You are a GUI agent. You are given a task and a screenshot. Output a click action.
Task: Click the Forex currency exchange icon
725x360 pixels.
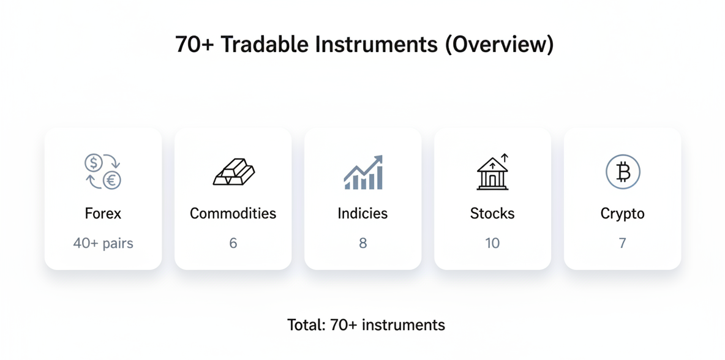[103, 171]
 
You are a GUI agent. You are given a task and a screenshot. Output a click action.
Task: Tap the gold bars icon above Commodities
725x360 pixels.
[233, 172]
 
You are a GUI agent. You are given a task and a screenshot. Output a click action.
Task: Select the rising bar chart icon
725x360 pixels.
[362, 172]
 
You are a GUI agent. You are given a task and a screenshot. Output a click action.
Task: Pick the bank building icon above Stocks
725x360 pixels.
[492, 172]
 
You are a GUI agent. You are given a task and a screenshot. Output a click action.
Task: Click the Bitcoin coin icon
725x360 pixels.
[622, 172]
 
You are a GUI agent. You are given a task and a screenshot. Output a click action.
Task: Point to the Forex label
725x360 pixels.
[103, 214]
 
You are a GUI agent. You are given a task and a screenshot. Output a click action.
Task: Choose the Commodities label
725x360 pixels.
[233, 214]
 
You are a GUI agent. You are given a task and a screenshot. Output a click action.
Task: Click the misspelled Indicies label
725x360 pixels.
[362, 214]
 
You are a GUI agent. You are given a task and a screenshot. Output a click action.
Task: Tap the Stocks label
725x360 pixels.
[492, 214]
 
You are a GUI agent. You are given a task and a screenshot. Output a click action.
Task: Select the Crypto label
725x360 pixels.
[622, 214]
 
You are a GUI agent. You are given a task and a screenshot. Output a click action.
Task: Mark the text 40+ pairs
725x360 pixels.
[103, 243]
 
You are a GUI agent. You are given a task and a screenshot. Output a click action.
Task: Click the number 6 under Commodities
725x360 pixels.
[233, 243]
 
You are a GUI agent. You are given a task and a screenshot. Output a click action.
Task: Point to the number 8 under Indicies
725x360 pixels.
[362, 243]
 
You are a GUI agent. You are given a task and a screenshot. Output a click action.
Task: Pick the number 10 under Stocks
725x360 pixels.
[492, 243]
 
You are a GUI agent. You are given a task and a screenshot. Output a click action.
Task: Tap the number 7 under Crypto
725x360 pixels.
[622, 243]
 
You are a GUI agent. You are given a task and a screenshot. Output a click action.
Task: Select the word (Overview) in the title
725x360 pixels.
[499, 45]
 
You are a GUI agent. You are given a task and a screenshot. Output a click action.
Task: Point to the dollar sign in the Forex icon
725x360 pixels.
[93, 163]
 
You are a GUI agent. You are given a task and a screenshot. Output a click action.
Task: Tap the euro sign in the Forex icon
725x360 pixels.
[112, 180]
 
